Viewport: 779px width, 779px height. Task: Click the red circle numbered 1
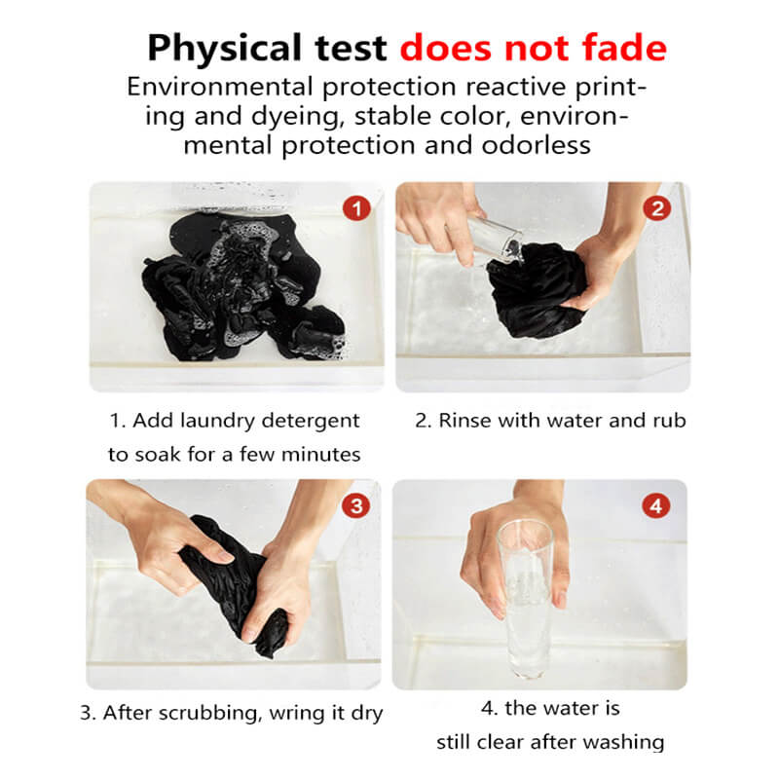tap(356, 208)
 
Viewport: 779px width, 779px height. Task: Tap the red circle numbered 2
tap(657, 208)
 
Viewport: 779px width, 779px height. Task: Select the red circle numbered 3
tap(356, 506)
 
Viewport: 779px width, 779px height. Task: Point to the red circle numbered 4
tap(656, 506)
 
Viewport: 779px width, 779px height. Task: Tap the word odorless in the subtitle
tap(537, 145)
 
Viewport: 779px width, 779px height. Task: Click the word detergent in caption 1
tap(311, 422)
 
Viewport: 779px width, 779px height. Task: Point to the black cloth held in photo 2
tap(534, 290)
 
